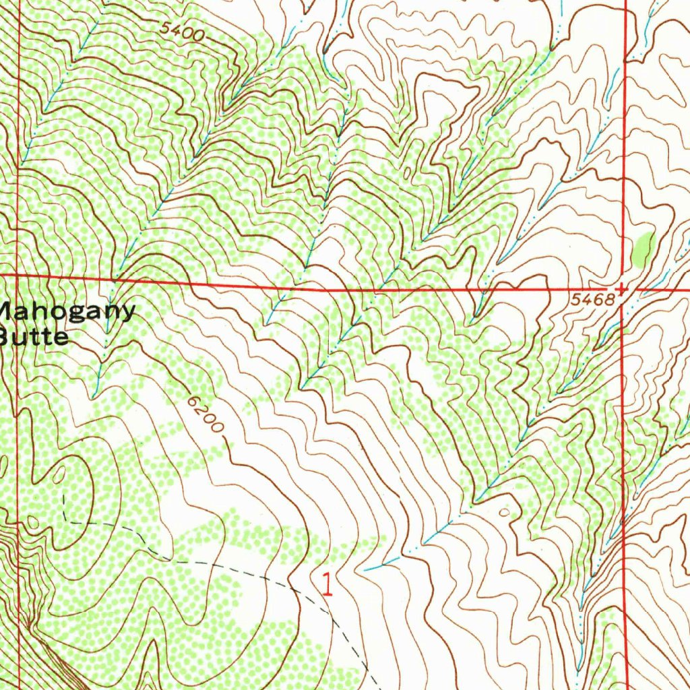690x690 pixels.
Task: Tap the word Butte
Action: [34, 336]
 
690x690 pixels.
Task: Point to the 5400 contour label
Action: [183, 32]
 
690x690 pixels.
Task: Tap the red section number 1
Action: [327, 584]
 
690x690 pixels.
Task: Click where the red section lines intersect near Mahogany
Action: [18, 276]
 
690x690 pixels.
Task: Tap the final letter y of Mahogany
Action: [127, 314]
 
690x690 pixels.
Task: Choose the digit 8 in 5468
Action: [611, 301]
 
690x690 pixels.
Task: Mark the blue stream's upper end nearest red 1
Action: [365, 569]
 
